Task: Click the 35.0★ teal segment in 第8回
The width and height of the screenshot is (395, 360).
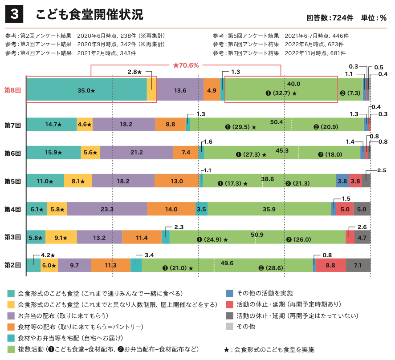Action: [86, 90]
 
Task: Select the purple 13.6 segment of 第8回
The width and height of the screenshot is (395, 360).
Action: [180, 90]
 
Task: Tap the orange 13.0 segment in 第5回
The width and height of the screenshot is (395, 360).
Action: [177, 181]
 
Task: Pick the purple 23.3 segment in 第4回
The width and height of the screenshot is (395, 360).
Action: [107, 209]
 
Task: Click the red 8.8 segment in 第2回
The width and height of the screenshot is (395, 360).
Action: [330, 265]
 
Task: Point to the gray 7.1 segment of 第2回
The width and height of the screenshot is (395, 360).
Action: [358, 265]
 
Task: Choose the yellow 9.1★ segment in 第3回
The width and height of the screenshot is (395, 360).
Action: [61, 238]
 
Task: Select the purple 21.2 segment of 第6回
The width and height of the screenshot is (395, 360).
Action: [137, 153]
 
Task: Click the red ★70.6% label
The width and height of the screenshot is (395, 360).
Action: [186, 65]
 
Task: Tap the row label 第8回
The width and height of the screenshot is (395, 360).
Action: [12, 90]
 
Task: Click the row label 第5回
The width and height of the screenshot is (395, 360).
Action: [12, 181]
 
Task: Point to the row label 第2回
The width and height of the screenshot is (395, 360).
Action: [12, 265]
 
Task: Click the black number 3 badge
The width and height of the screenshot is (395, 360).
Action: [14, 15]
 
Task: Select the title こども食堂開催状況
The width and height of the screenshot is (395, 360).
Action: [90, 15]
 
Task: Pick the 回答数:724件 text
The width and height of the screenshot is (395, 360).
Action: [330, 18]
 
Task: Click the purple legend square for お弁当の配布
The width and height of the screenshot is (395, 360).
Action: [11, 316]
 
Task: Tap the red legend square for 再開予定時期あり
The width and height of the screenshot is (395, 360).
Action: [229, 304]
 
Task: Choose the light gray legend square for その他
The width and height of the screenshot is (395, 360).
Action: [229, 327]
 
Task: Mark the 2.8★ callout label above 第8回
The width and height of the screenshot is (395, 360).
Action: [134, 72]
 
